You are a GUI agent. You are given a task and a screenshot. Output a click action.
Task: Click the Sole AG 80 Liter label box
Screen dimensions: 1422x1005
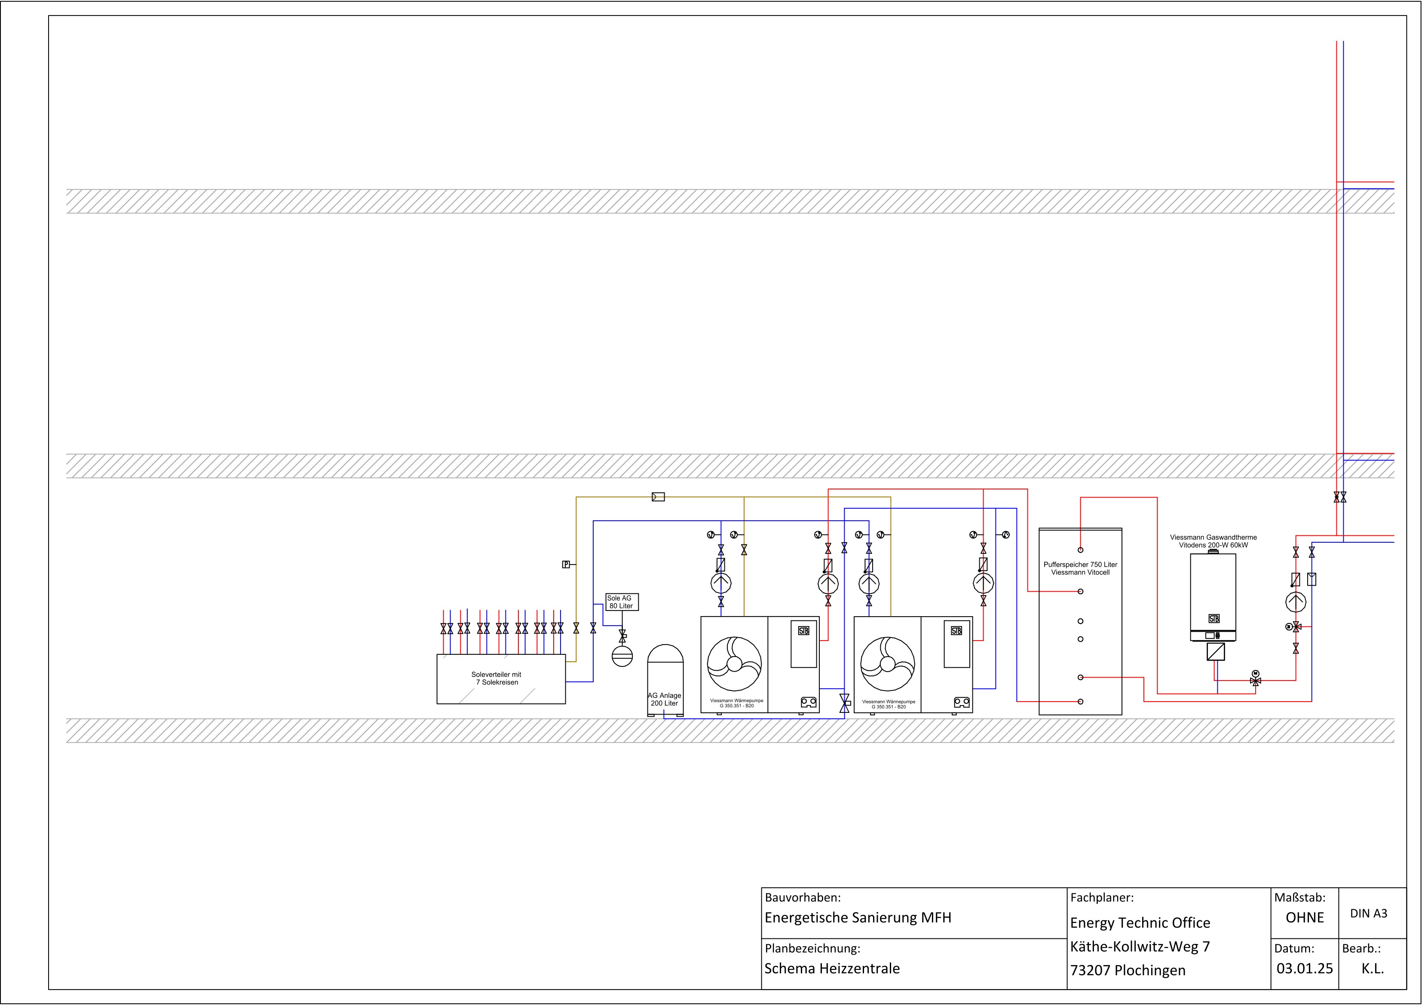622,602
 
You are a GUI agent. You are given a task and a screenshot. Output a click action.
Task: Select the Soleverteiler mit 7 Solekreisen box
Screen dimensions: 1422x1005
501,679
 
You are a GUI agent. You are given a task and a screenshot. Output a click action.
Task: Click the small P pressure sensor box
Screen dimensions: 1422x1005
565,565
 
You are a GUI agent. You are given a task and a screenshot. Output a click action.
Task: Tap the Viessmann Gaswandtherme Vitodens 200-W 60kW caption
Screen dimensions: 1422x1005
1213,541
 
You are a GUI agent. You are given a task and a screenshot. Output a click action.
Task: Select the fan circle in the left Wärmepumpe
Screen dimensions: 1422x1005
735,664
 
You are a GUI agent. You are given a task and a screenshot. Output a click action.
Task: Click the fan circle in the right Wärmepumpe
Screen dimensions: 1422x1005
888,664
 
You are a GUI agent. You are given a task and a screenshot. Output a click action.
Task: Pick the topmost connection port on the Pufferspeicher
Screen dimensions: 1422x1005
1080,550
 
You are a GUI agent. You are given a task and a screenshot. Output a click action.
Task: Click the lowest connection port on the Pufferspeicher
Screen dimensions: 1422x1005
1080,702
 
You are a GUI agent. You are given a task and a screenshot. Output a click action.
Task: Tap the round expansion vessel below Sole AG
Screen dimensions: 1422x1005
622,656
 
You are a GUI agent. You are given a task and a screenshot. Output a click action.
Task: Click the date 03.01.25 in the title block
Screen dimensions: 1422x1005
1304,968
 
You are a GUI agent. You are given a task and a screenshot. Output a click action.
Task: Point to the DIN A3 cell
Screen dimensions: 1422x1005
1369,913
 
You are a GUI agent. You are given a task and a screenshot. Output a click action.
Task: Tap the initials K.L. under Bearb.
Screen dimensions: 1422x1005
1373,968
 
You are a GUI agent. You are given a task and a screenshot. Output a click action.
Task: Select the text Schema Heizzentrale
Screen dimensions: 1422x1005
832,968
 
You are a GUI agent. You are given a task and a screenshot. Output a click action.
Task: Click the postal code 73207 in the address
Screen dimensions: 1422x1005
1090,970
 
